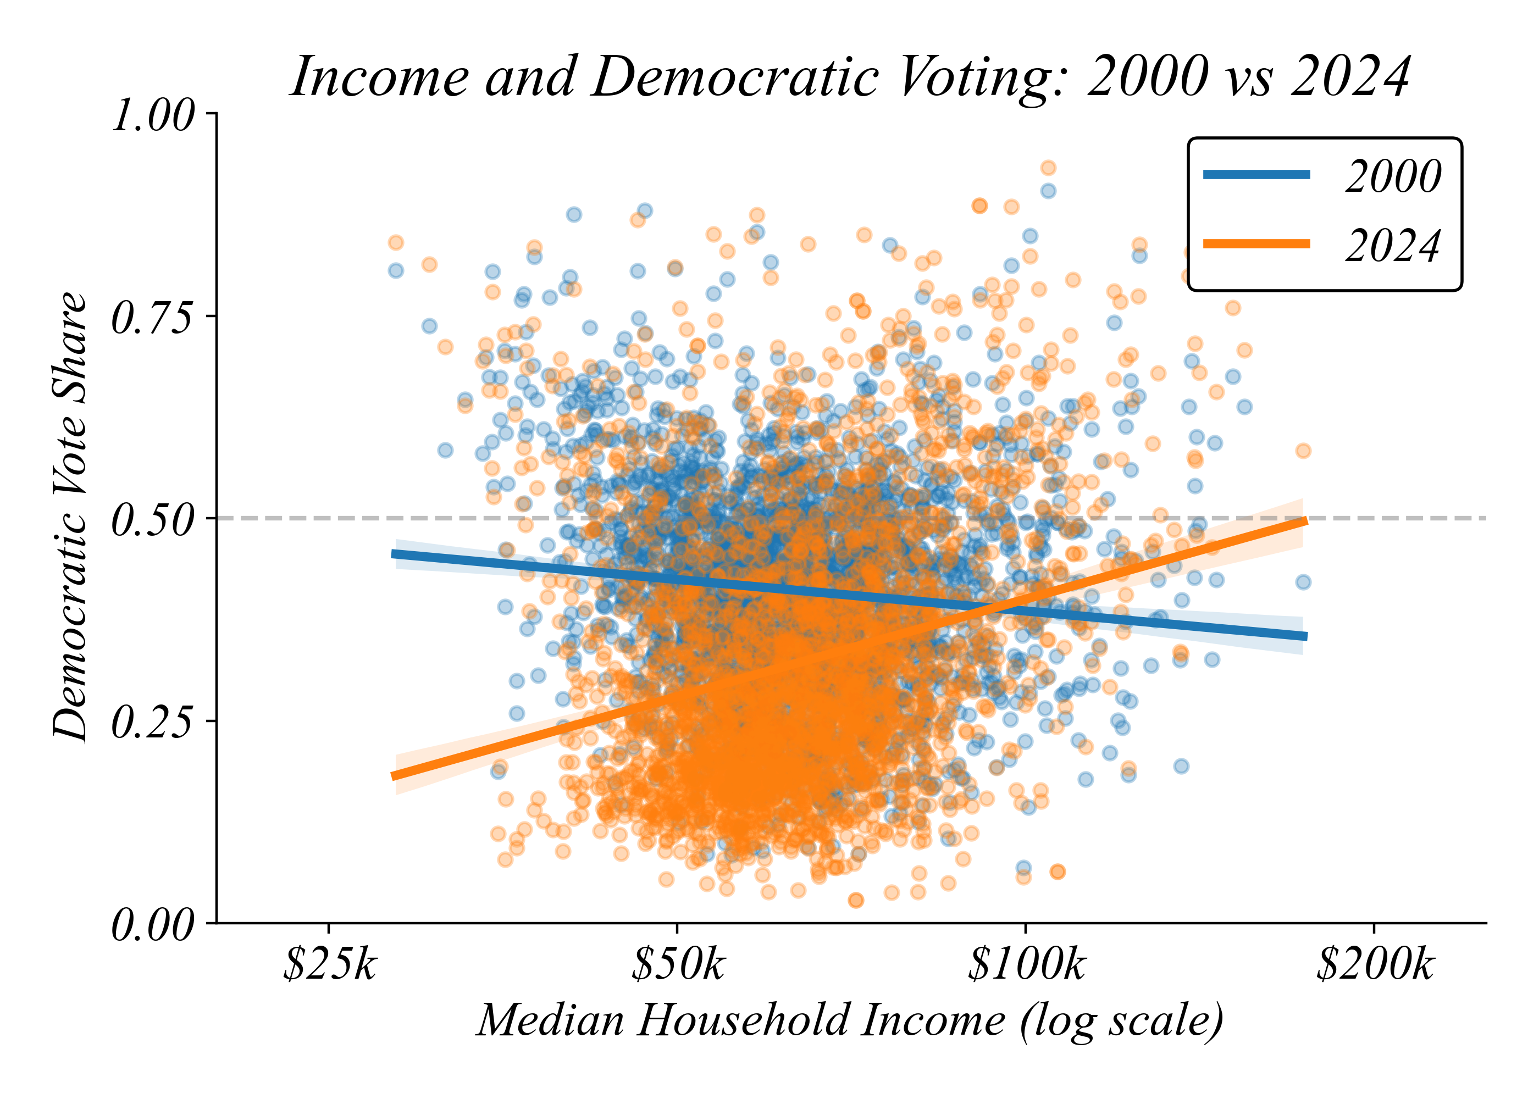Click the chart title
click(851, 77)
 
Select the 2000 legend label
click(1393, 176)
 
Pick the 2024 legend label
click(1393, 246)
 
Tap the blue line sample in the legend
click(1256, 175)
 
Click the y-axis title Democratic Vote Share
click(70, 518)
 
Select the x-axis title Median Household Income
click(850, 1020)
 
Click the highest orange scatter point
click(1048, 168)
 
